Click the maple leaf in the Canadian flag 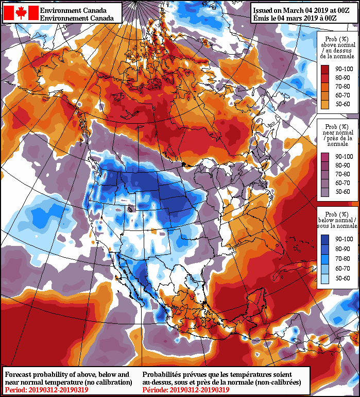[x=21, y=13]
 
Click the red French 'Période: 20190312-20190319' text [x=186, y=390]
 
